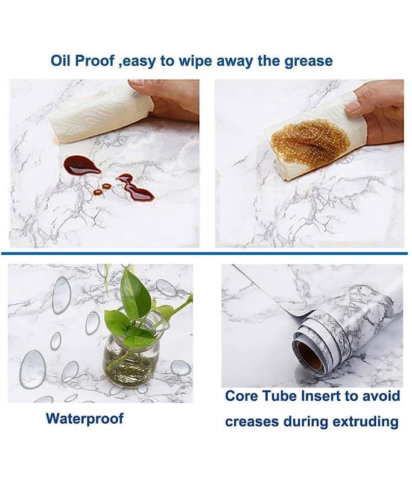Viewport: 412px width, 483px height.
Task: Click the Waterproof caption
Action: click(84, 419)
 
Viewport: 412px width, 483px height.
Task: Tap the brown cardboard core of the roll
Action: click(309, 356)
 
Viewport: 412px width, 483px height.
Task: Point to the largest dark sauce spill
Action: click(81, 165)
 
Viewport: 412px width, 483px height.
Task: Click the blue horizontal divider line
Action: click(204, 254)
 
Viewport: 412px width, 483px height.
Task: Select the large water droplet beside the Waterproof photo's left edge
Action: click(33, 369)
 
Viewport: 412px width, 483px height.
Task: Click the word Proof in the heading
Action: click(95, 61)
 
